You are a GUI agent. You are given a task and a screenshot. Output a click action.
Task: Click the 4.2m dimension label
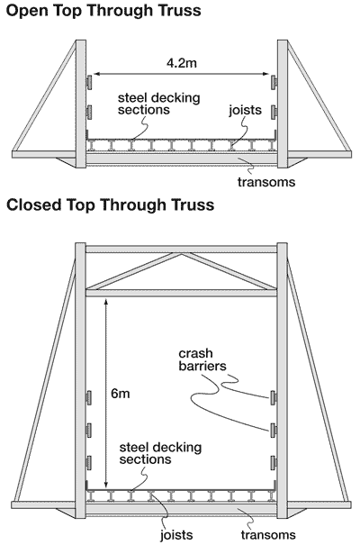click(182, 63)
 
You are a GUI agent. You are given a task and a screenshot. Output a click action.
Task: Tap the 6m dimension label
click(121, 394)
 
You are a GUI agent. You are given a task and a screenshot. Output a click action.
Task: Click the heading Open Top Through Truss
click(103, 11)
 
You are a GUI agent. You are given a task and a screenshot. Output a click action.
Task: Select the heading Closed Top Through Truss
click(110, 204)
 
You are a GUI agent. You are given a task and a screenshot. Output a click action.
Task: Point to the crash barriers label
click(202, 359)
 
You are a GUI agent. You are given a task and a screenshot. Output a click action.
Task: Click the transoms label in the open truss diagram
click(266, 182)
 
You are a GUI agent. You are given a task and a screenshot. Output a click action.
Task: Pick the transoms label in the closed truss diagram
click(268, 534)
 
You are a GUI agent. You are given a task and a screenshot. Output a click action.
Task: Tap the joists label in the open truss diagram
click(246, 110)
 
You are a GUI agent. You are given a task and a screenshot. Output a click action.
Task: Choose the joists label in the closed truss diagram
click(176, 535)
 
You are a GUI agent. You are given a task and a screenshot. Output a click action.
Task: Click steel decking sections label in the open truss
click(158, 104)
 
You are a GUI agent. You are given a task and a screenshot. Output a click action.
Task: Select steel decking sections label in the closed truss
click(160, 453)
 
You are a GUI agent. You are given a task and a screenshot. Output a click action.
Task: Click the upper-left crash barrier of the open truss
click(89, 82)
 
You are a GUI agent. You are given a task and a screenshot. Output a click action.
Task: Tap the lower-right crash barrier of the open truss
click(274, 112)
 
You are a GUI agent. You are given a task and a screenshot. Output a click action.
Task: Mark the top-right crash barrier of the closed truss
click(273, 397)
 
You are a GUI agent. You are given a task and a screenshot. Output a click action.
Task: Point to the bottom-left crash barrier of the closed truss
click(88, 462)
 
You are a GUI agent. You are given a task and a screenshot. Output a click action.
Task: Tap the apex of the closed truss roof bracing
click(181, 254)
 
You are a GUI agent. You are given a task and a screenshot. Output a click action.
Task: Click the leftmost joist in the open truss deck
click(92, 145)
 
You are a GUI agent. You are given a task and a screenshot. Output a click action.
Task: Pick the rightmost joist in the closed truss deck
click(271, 496)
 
